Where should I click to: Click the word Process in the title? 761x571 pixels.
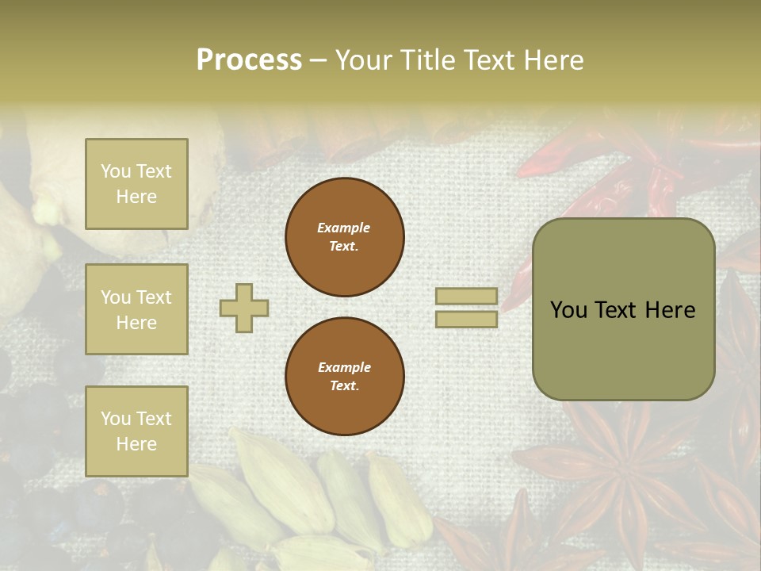(x=249, y=59)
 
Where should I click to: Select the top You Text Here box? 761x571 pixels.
(x=136, y=184)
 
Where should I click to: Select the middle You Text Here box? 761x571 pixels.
(x=136, y=309)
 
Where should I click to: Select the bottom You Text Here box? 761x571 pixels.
(x=136, y=431)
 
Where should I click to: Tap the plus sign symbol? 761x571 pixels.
(x=244, y=308)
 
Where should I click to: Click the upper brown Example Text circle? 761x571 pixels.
(x=345, y=237)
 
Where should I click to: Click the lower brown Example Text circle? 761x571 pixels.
(x=345, y=377)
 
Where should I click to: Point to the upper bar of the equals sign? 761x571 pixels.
(x=466, y=297)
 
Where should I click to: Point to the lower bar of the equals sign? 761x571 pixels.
(x=466, y=320)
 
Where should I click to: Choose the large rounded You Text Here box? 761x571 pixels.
(x=623, y=309)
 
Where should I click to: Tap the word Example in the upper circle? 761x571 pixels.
(x=344, y=228)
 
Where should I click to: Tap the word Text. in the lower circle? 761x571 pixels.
(x=344, y=386)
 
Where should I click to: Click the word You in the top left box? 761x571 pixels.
(x=116, y=171)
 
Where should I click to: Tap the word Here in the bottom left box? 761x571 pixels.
(x=136, y=444)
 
